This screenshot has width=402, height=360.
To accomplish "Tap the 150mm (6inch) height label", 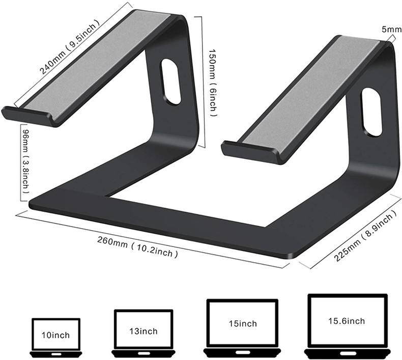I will (214, 81).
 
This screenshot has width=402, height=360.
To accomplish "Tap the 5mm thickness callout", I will (391, 30).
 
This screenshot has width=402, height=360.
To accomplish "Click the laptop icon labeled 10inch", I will (56, 337).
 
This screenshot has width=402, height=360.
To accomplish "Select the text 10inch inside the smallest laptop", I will (56, 335).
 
